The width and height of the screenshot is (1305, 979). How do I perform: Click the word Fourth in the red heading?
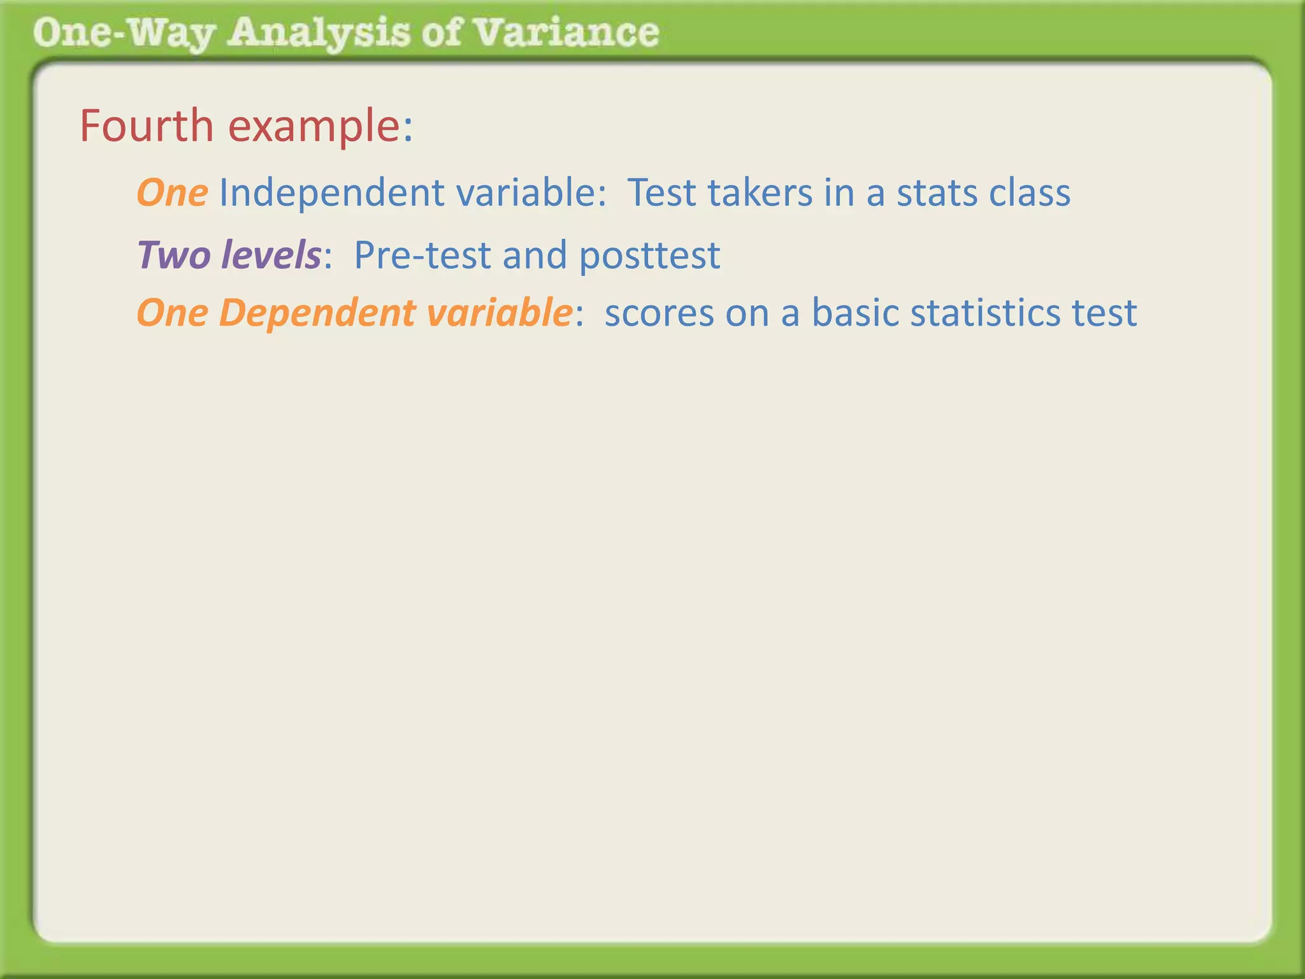tap(147, 126)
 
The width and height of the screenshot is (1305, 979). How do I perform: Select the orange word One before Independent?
tap(172, 192)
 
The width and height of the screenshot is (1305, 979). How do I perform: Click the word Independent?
tap(331, 192)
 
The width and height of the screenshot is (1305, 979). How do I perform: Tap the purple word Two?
tap(173, 255)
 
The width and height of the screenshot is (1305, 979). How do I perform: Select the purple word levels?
tap(271, 255)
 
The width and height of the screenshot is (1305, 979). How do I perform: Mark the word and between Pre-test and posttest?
tap(535, 255)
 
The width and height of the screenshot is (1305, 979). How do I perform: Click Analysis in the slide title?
tap(319, 33)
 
